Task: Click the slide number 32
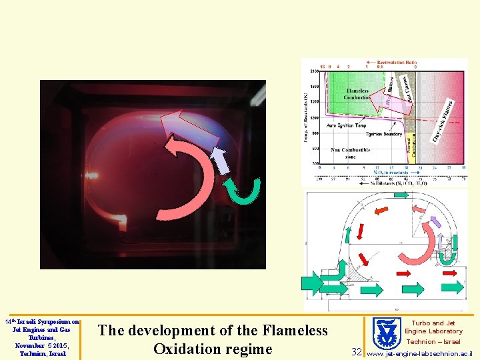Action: coord(357,351)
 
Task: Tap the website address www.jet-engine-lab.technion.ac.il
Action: coord(420,353)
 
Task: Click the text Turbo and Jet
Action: coord(433,323)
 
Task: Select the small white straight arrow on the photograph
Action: coord(219,161)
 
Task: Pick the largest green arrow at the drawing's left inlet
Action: coord(313,283)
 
